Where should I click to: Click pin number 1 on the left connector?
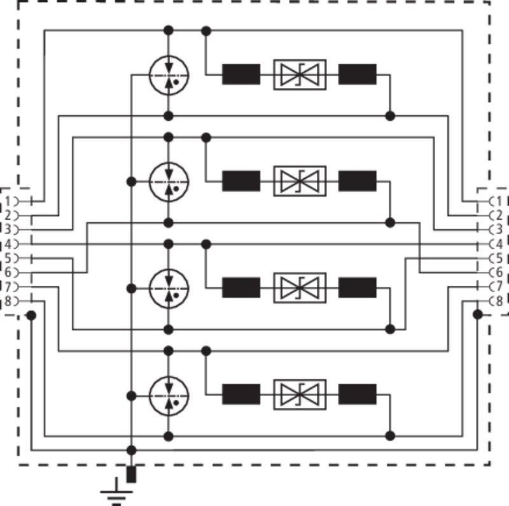(x=8, y=201)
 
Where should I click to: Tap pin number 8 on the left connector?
(x=8, y=301)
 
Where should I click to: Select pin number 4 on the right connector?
(x=499, y=244)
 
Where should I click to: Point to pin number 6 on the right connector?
(x=499, y=272)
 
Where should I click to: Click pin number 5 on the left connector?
(x=8, y=258)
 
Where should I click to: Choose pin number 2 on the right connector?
(x=499, y=215)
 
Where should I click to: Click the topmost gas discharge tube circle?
(x=169, y=75)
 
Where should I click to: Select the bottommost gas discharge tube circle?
(x=169, y=396)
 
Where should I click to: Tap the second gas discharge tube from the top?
(x=169, y=182)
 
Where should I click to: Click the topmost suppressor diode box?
(x=300, y=74)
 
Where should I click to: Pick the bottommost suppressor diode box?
(x=300, y=395)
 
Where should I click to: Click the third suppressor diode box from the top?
(x=300, y=288)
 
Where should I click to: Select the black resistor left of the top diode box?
(x=241, y=74)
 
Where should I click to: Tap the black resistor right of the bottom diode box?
(x=358, y=394)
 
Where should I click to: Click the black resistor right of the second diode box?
(x=358, y=181)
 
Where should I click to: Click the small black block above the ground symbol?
(x=131, y=475)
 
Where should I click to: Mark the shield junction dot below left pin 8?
(x=31, y=315)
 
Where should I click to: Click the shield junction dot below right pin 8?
(x=478, y=314)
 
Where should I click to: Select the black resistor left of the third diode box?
(x=241, y=288)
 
